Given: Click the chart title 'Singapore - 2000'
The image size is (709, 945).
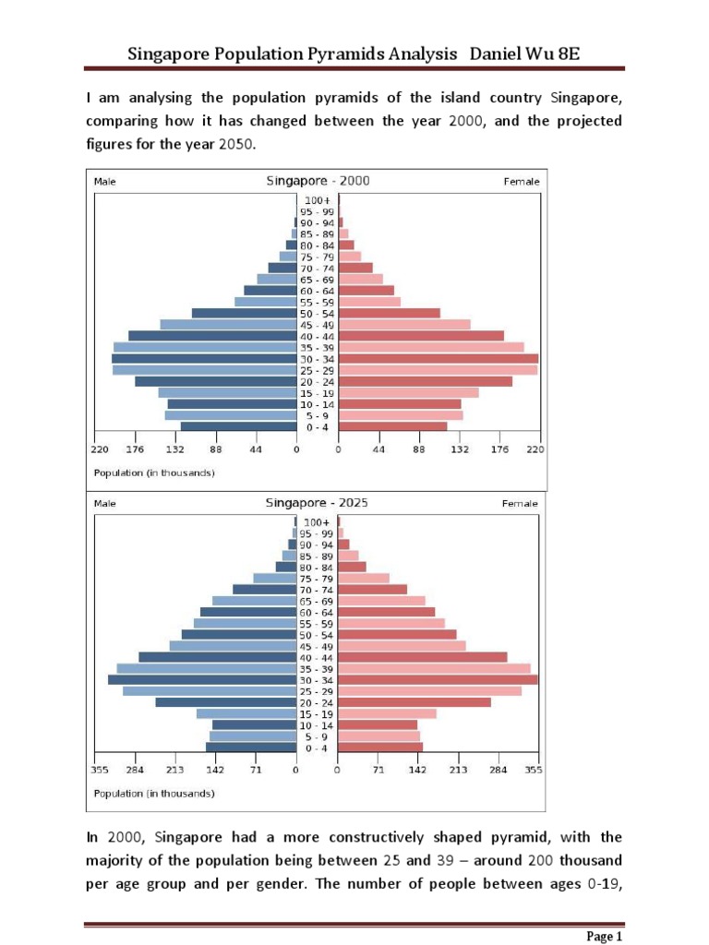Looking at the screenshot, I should coord(317,181).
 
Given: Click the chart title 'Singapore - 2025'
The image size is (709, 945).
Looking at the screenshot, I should coord(317,503).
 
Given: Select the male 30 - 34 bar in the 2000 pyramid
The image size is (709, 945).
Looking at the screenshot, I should coord(203,359).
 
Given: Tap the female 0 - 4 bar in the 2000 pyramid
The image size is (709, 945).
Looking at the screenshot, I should coord(392,426).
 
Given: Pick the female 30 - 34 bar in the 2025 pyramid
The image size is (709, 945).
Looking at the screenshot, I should coord(438,680).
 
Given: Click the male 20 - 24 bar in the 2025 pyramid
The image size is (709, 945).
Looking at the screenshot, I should coord(225,702).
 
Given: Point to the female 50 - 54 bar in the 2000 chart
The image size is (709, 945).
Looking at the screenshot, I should coord(389,314).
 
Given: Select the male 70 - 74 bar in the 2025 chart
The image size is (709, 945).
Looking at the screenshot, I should coord(264,590).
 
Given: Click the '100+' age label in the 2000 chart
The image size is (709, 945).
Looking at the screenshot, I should coord(318,200).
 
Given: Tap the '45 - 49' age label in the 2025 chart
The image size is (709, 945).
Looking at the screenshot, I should coord(317,646).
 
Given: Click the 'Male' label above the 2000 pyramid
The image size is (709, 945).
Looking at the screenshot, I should coord(105,182).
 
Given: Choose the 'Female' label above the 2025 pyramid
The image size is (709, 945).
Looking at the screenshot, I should coord(520,504).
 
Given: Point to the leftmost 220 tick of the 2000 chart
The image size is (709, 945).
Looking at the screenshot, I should coord(100,449).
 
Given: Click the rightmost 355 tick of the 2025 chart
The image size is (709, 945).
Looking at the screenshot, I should coord(534,770).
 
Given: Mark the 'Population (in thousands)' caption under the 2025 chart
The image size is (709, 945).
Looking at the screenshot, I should coord(154,793).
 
